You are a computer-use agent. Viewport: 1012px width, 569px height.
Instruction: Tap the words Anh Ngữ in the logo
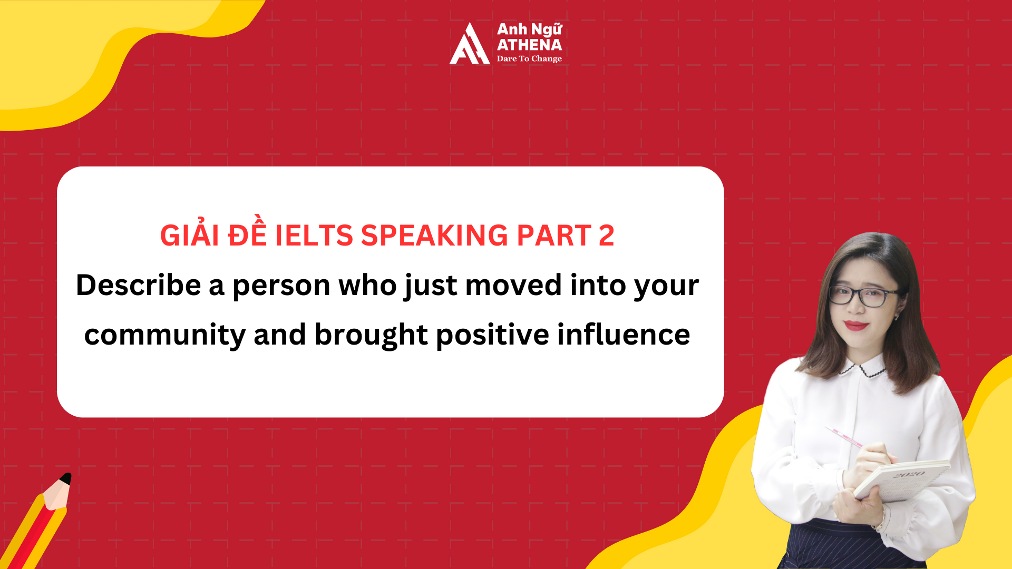[529, 30]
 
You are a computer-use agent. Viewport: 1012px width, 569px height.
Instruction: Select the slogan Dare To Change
[529, 58]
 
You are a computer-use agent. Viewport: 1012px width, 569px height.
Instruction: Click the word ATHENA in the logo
[529, 45]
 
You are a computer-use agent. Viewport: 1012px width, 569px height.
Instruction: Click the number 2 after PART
[606, 236]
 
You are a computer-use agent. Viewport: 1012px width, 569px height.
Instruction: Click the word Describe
[139, 285]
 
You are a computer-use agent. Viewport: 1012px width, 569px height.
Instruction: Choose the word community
[164, 335]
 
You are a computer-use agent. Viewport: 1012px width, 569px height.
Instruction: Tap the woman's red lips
[855, 325]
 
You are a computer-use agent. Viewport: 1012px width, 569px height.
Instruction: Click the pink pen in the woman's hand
[843, 436]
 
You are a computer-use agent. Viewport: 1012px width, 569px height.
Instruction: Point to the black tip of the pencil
[66, 478]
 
